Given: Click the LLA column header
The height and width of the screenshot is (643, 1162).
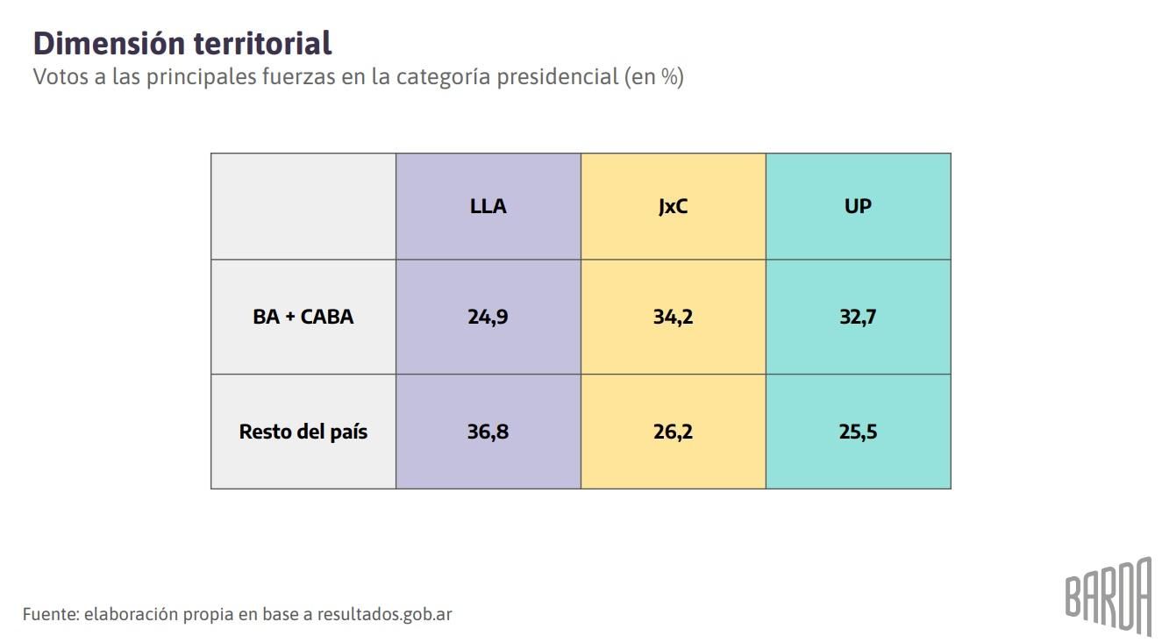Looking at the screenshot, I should pos(488,207).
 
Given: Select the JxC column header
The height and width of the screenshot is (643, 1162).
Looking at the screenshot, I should pos(673,207).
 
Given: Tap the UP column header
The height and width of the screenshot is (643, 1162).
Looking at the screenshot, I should pos(858,207).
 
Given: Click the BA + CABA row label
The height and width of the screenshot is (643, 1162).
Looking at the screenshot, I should pos(303,317).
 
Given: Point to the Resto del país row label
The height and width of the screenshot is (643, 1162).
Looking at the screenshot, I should pos(303,432).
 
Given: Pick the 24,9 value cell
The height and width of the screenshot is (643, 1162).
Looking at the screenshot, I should pos(488,317).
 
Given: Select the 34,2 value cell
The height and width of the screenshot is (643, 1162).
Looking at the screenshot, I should pos(673,317).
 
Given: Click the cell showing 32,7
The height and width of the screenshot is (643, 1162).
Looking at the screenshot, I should pos(858,317).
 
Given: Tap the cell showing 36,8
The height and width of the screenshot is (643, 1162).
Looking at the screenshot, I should pos(488,432).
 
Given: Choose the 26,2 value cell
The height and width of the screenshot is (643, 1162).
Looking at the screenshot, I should pos(673,432).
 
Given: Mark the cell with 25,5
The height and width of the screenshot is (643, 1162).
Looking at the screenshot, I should pos(858,432).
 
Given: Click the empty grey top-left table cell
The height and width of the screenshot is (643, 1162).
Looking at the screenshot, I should pos(303,207).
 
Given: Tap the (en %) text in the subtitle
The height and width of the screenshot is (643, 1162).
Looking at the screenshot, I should pos(654,77).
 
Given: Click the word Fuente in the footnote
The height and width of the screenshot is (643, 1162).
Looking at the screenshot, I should pos(51,614).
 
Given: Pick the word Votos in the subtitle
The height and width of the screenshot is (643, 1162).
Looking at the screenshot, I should pos(60,77).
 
